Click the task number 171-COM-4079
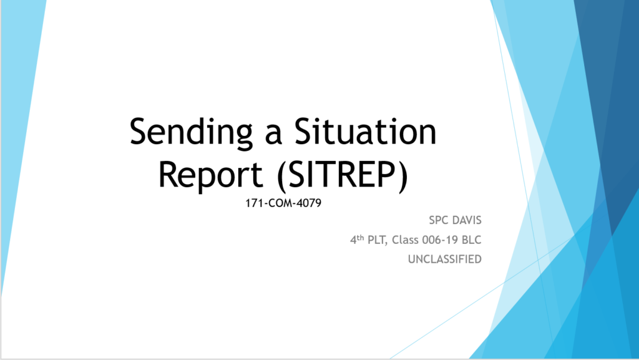[283, 203]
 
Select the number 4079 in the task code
[309, 203]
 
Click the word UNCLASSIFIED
[444, 259]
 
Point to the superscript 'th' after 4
[360, 237]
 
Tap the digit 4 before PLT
[353, 240]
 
